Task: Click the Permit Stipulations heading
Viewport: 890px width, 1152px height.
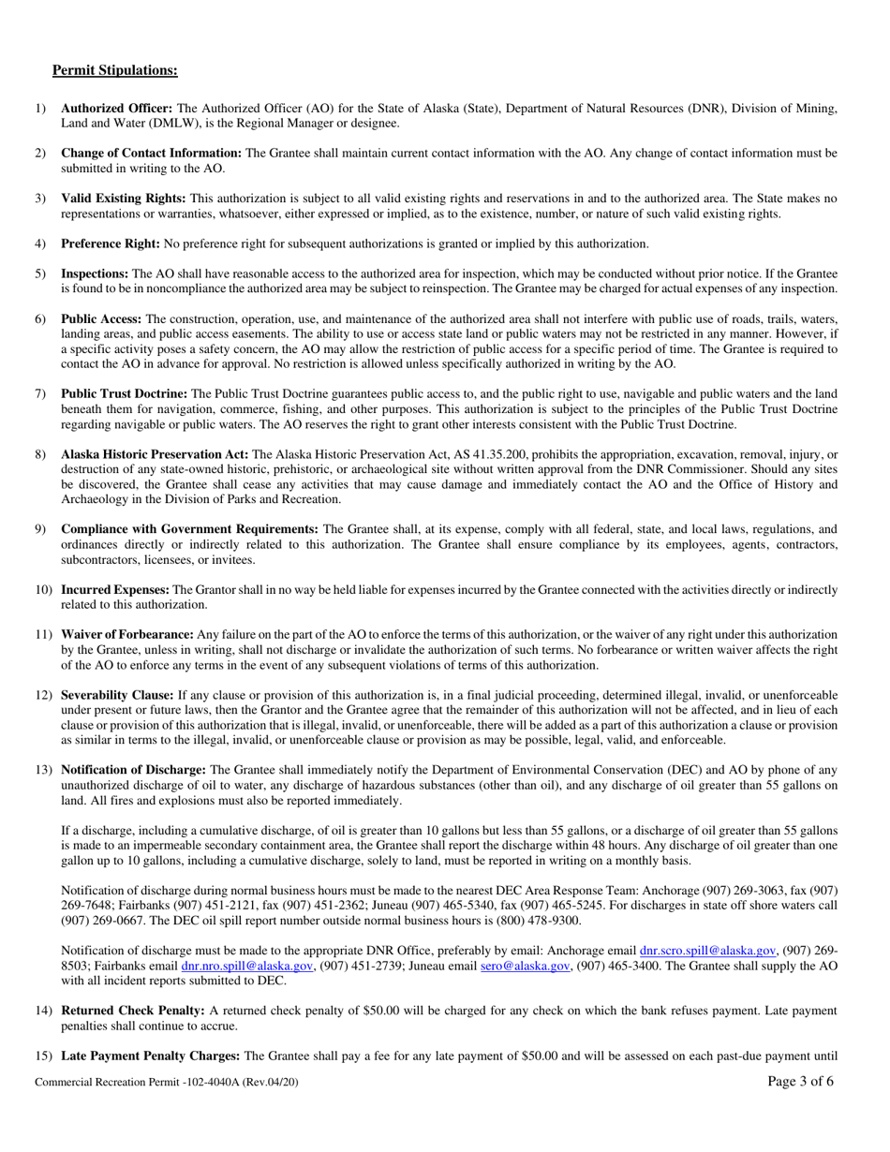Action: click(x=114, y=70)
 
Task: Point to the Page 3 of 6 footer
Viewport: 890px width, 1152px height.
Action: click(x=799, y=1082)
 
